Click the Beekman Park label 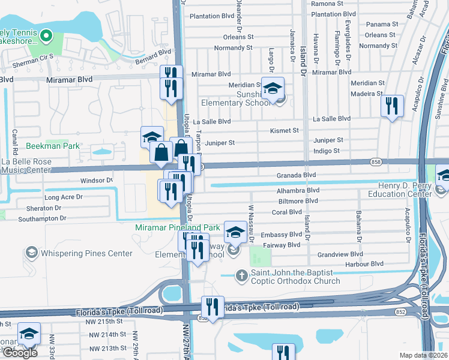(x=53, y=146)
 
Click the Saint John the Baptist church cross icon (x=241, y=275)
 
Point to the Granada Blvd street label (x=296, y=175)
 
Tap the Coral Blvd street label (x=287, y=212)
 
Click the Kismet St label (x=285, y=130)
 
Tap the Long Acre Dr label (x=64, y=197)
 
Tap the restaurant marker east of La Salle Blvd (x=392, y=106)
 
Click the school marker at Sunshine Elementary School (x=273, y=89)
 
